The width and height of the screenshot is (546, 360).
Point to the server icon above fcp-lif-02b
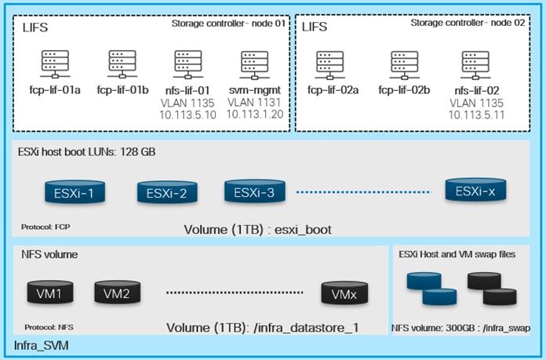tap(402, 62)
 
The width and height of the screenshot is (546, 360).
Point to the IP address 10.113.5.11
tap(476, 115)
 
